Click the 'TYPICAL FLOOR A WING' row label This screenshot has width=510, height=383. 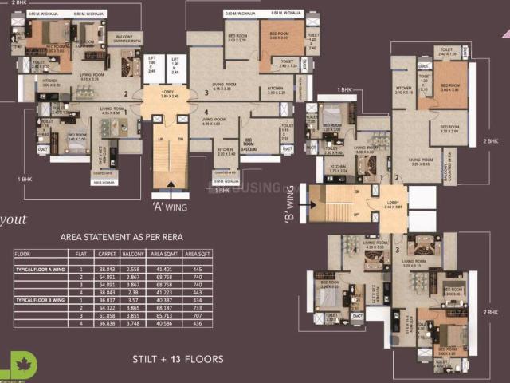(45, 271)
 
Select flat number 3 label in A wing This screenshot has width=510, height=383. (206, 71)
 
